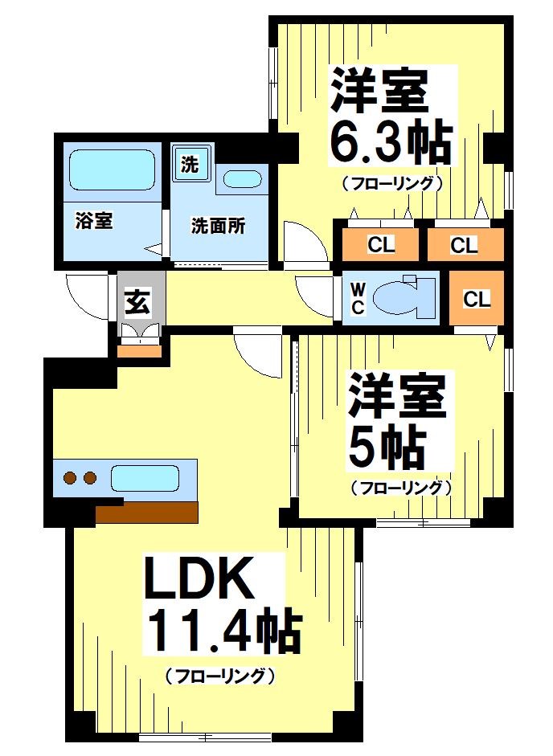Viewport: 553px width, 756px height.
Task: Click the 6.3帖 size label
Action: click(x=389, y=143)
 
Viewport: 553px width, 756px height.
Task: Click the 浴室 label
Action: click(x=93, y=221)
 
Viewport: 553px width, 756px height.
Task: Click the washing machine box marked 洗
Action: click(x=190, y=165)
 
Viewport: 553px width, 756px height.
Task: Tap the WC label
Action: click(x=358, y=299)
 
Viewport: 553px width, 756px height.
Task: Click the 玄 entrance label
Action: click(x=137, y=303)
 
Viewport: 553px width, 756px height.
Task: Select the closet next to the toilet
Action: click(x=477, y=299)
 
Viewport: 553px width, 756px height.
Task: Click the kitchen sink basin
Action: click(x=145, y=478)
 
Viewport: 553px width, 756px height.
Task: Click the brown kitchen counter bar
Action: click(x=146, y=511)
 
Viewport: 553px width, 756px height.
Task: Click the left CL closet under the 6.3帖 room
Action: click(x=381, y=245)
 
